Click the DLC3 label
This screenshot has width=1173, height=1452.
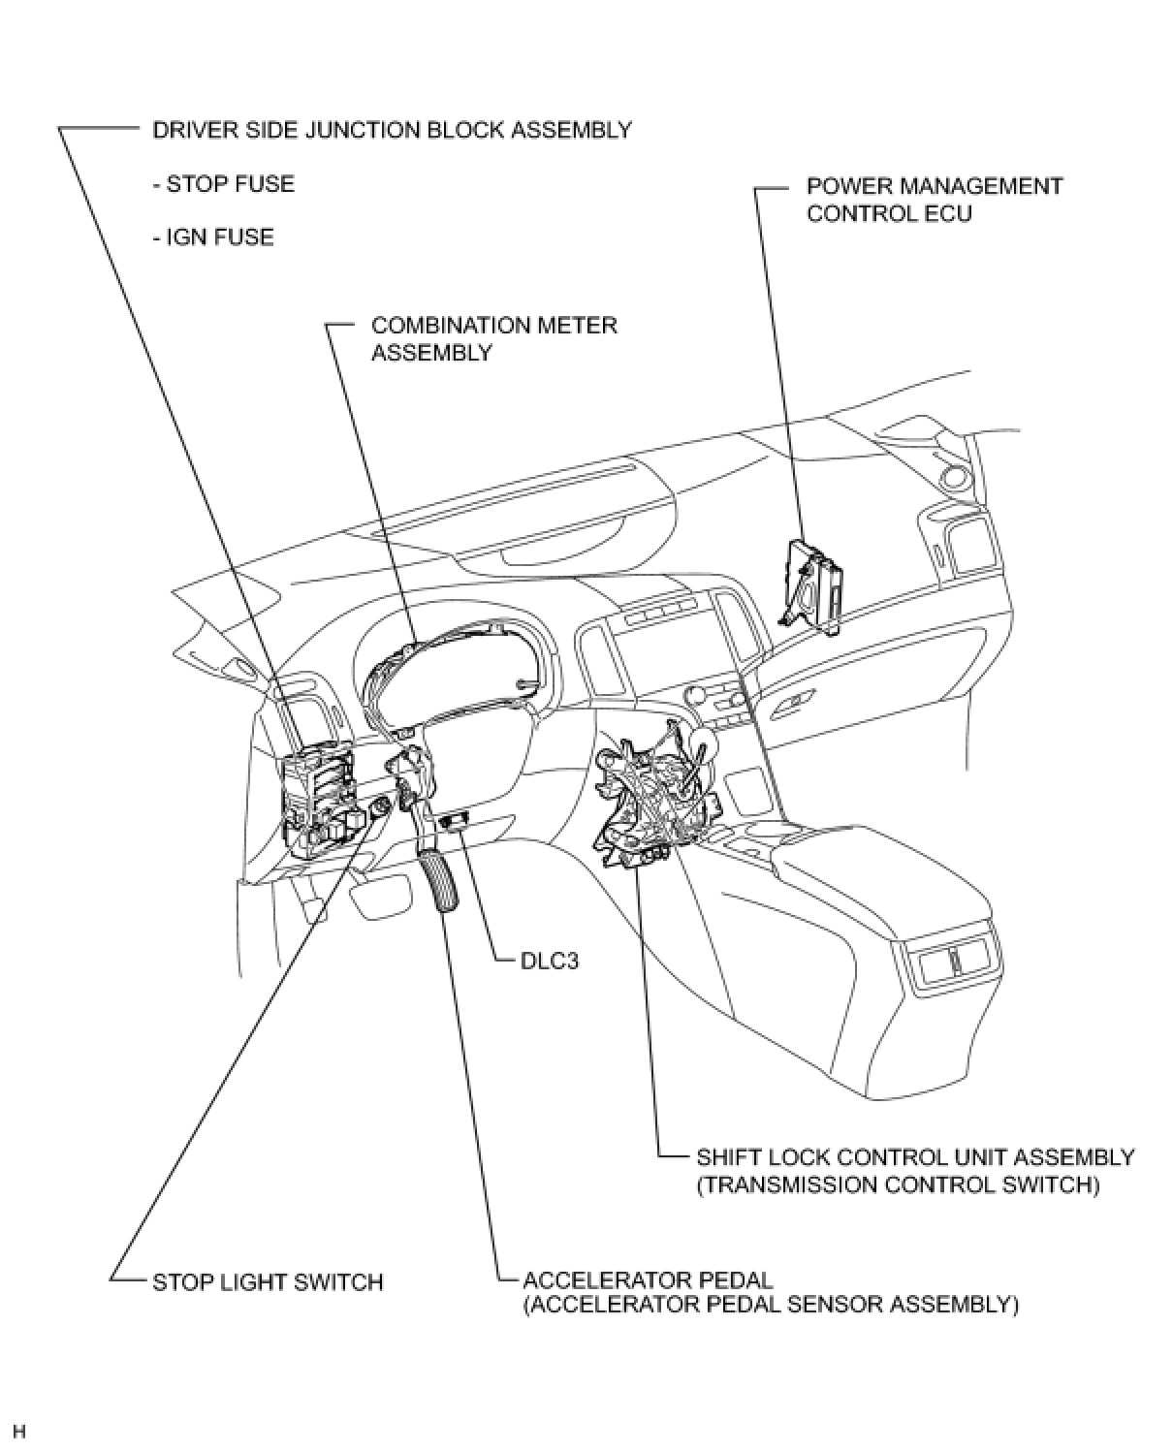(550, 963)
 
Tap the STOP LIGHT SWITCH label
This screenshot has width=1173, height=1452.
(268, 1281)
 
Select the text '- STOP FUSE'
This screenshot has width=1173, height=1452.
(223, 184)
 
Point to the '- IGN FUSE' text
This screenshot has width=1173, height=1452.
(213, 237)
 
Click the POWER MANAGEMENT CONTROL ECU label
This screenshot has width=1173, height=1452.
(935, 200)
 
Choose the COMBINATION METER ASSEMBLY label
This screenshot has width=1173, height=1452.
(493, 338)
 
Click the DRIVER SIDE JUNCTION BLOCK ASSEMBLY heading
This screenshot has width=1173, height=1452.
(392, 130)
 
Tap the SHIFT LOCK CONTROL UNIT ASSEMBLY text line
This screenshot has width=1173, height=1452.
(915, 1157)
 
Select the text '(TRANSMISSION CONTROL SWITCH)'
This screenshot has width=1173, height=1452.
(898, 1184)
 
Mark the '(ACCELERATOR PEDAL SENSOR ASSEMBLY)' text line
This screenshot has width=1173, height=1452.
(771, 1305)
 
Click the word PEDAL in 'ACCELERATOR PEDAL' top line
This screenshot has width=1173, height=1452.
(737, 1280)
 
